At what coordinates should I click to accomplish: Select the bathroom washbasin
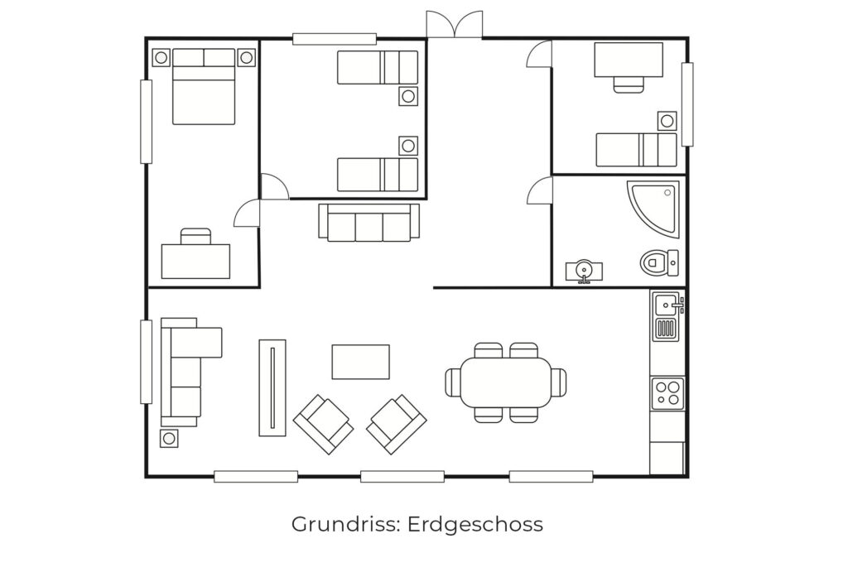(x=584, y=272)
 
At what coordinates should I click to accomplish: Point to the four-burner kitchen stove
(x=667, y=393)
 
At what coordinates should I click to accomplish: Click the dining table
(x=506, y=382)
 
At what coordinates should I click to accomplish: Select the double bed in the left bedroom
(x=204, y=86)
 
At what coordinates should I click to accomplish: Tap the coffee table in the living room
(x=360, y=362)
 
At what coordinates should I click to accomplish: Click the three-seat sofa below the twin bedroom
(x=369, y=222)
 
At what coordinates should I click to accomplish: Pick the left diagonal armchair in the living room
(x=324, y=424)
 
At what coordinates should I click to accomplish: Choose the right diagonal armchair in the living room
(x=397, y=424)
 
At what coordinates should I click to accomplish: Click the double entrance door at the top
(x=455, y=24)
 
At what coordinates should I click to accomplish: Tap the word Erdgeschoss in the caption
(x=475, y=525)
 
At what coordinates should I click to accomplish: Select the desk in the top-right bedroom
(x=629, y=60)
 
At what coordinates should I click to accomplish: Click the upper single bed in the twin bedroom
(x=378, y=68)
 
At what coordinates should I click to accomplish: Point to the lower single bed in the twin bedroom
(x=378, y=175)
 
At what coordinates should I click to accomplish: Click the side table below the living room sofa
(x=169, y=438)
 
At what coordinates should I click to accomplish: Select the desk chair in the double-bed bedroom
(x=195, y=236)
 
